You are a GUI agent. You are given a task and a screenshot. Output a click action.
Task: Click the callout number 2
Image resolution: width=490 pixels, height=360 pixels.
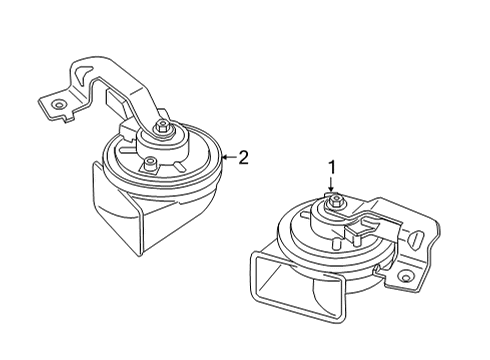(241, 156)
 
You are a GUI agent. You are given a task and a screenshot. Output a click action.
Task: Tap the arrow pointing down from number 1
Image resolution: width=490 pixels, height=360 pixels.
(331, 184)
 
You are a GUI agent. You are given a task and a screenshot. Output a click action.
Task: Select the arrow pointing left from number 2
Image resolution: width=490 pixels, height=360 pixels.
(227, 156)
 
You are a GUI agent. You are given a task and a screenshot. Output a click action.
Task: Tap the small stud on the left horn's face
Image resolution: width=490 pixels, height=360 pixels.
(149, 163)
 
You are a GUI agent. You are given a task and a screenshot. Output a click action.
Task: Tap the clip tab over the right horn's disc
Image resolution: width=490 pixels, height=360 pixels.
(357, 228)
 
